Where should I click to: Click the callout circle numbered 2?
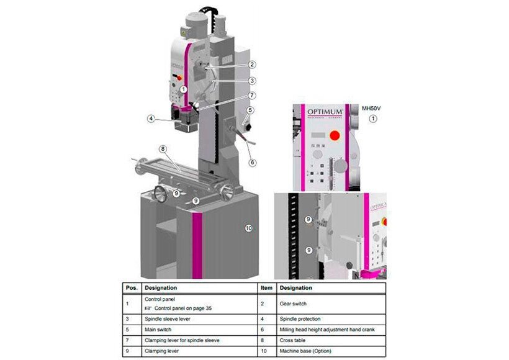(x=252, y=64)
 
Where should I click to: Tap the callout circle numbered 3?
(x=252, y=80)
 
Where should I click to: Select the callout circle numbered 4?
(x=151, y=117)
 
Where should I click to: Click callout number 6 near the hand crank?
(x=252, y=163)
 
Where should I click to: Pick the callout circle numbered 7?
(x=252, y=96)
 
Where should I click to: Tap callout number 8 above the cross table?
(x=162, y=148)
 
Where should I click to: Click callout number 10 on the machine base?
(x=248, y=228)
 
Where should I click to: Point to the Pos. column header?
(x=131, y=288)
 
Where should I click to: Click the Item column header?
(x=266, y=288)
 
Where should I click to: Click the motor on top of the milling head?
(x=196, y=24)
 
